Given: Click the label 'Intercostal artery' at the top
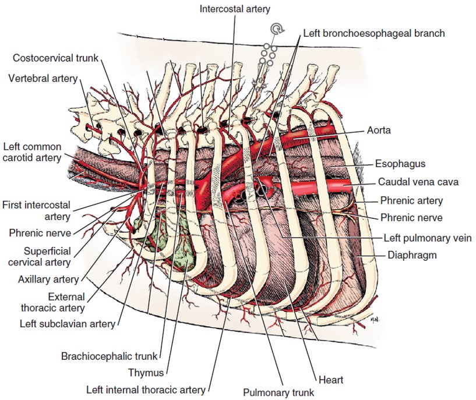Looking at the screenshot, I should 235,9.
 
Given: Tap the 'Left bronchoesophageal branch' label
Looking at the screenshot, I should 373,33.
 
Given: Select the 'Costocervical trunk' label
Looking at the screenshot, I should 55,58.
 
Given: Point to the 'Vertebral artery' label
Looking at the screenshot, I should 43,78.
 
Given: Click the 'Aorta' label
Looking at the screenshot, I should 379,130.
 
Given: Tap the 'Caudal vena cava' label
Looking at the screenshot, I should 418,182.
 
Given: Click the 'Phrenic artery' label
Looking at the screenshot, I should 411,201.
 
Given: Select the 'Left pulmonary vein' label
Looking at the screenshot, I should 428,238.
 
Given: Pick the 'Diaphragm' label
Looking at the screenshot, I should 412,255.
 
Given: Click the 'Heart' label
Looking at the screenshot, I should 330,380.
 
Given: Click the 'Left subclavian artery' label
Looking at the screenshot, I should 67,324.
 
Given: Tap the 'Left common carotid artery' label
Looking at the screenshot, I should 31,151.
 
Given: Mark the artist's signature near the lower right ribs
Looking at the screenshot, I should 374,319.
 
